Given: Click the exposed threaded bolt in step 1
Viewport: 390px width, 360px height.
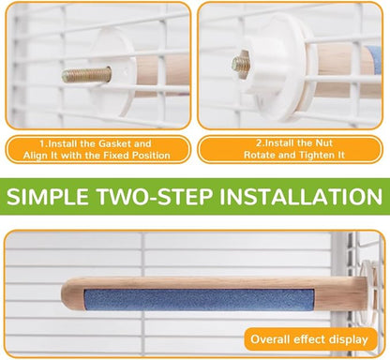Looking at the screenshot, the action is [86, 75].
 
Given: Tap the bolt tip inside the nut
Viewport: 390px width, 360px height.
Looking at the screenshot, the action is [241, 64].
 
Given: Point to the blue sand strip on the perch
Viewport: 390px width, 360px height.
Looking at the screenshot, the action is [199, 300].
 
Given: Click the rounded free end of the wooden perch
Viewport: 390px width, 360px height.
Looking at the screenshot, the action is [67, 293].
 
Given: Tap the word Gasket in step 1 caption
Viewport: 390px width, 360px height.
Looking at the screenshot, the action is [114, 143].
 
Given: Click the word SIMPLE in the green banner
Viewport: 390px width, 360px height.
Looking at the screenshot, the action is [48, 197].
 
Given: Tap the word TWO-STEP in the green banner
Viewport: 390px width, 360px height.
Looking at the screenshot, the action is [155, 197].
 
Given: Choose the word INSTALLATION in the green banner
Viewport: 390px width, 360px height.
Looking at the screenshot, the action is [301, 197].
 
